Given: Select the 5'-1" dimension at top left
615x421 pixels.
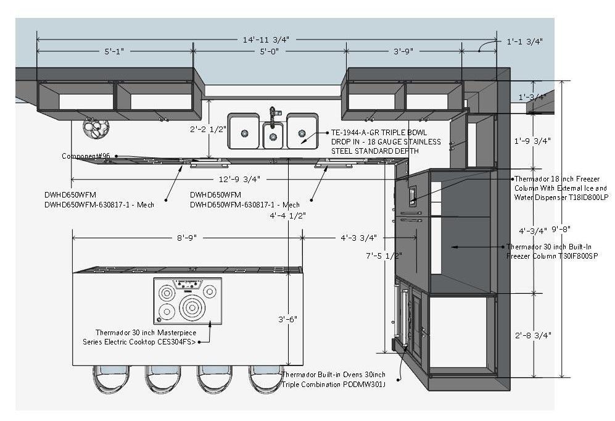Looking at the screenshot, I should (x=114, y=52).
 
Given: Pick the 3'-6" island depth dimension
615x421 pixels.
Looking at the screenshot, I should (x=287, y=319).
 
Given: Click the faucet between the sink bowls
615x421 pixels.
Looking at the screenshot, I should (x=272, y=115).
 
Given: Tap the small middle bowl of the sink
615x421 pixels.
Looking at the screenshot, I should (x=273, y=136).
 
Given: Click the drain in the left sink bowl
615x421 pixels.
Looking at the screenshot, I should (x=245, y=133).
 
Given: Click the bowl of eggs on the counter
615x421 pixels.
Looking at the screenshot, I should (x=97, y=128).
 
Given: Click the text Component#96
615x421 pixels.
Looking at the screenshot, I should (x=86, y=156).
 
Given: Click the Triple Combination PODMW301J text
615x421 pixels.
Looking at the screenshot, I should (x=334, y=384).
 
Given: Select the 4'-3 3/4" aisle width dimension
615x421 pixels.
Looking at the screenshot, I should (x=358, y=237).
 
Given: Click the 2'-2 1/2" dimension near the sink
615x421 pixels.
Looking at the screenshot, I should (x=208, y=130).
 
